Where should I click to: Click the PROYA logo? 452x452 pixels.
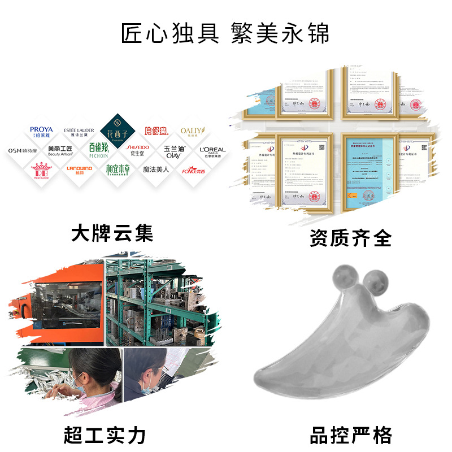(x=41, y=132)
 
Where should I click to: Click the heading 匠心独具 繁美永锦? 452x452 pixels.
(x=225, y=33)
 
